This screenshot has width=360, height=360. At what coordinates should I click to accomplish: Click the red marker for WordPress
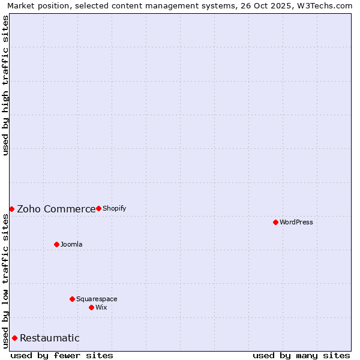point(275,222)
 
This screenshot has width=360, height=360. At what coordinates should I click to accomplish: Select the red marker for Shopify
point(98,208)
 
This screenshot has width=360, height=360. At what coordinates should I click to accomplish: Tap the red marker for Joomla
point(56,244)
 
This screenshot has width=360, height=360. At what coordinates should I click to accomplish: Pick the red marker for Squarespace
point(72,299)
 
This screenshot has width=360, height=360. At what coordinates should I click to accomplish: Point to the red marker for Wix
point(91,307)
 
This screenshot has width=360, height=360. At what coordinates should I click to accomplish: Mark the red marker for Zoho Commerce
point(11,209)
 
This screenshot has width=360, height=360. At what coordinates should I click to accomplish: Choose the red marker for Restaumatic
point(14,338)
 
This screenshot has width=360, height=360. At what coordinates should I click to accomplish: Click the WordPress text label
point(296,222)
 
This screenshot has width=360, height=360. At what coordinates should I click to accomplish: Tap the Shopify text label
point(115,208)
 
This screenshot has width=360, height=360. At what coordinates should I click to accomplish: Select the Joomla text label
point(71,244)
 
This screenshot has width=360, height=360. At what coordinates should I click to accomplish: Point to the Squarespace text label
point(97,299)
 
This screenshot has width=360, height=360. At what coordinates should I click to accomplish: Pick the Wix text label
point(101,307)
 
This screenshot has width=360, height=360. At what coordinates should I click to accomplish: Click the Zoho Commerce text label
point(56,209)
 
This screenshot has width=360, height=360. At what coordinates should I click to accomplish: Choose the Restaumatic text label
point(50,338)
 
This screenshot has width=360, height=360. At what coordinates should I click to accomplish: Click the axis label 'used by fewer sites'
point(62,355)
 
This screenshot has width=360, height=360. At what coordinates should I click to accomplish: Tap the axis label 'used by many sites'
point(301,355)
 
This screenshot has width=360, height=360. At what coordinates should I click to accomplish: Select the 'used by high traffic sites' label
point(5,85)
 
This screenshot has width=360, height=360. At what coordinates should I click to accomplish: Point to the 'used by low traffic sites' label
point(5,281)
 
